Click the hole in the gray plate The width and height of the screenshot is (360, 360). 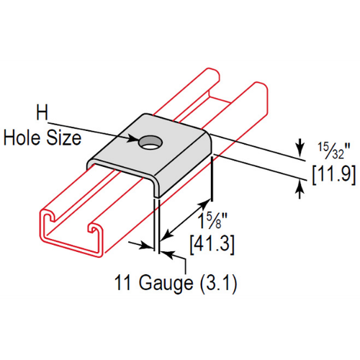pos(150,143)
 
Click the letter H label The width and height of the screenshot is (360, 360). pos(42,112)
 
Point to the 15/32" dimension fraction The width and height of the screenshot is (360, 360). pos(334,150)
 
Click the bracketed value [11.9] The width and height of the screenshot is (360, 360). pos(334,174)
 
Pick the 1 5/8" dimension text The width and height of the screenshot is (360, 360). pos(212,220)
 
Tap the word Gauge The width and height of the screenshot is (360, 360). pos(166,283)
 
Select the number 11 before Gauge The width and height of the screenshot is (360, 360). pos(123,282)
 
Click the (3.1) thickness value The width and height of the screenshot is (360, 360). pos(218,283)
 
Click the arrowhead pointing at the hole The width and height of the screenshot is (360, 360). pos(133,138)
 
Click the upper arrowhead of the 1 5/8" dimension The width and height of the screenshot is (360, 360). pos(204,205)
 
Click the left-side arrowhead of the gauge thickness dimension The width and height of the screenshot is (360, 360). pos(147,246)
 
